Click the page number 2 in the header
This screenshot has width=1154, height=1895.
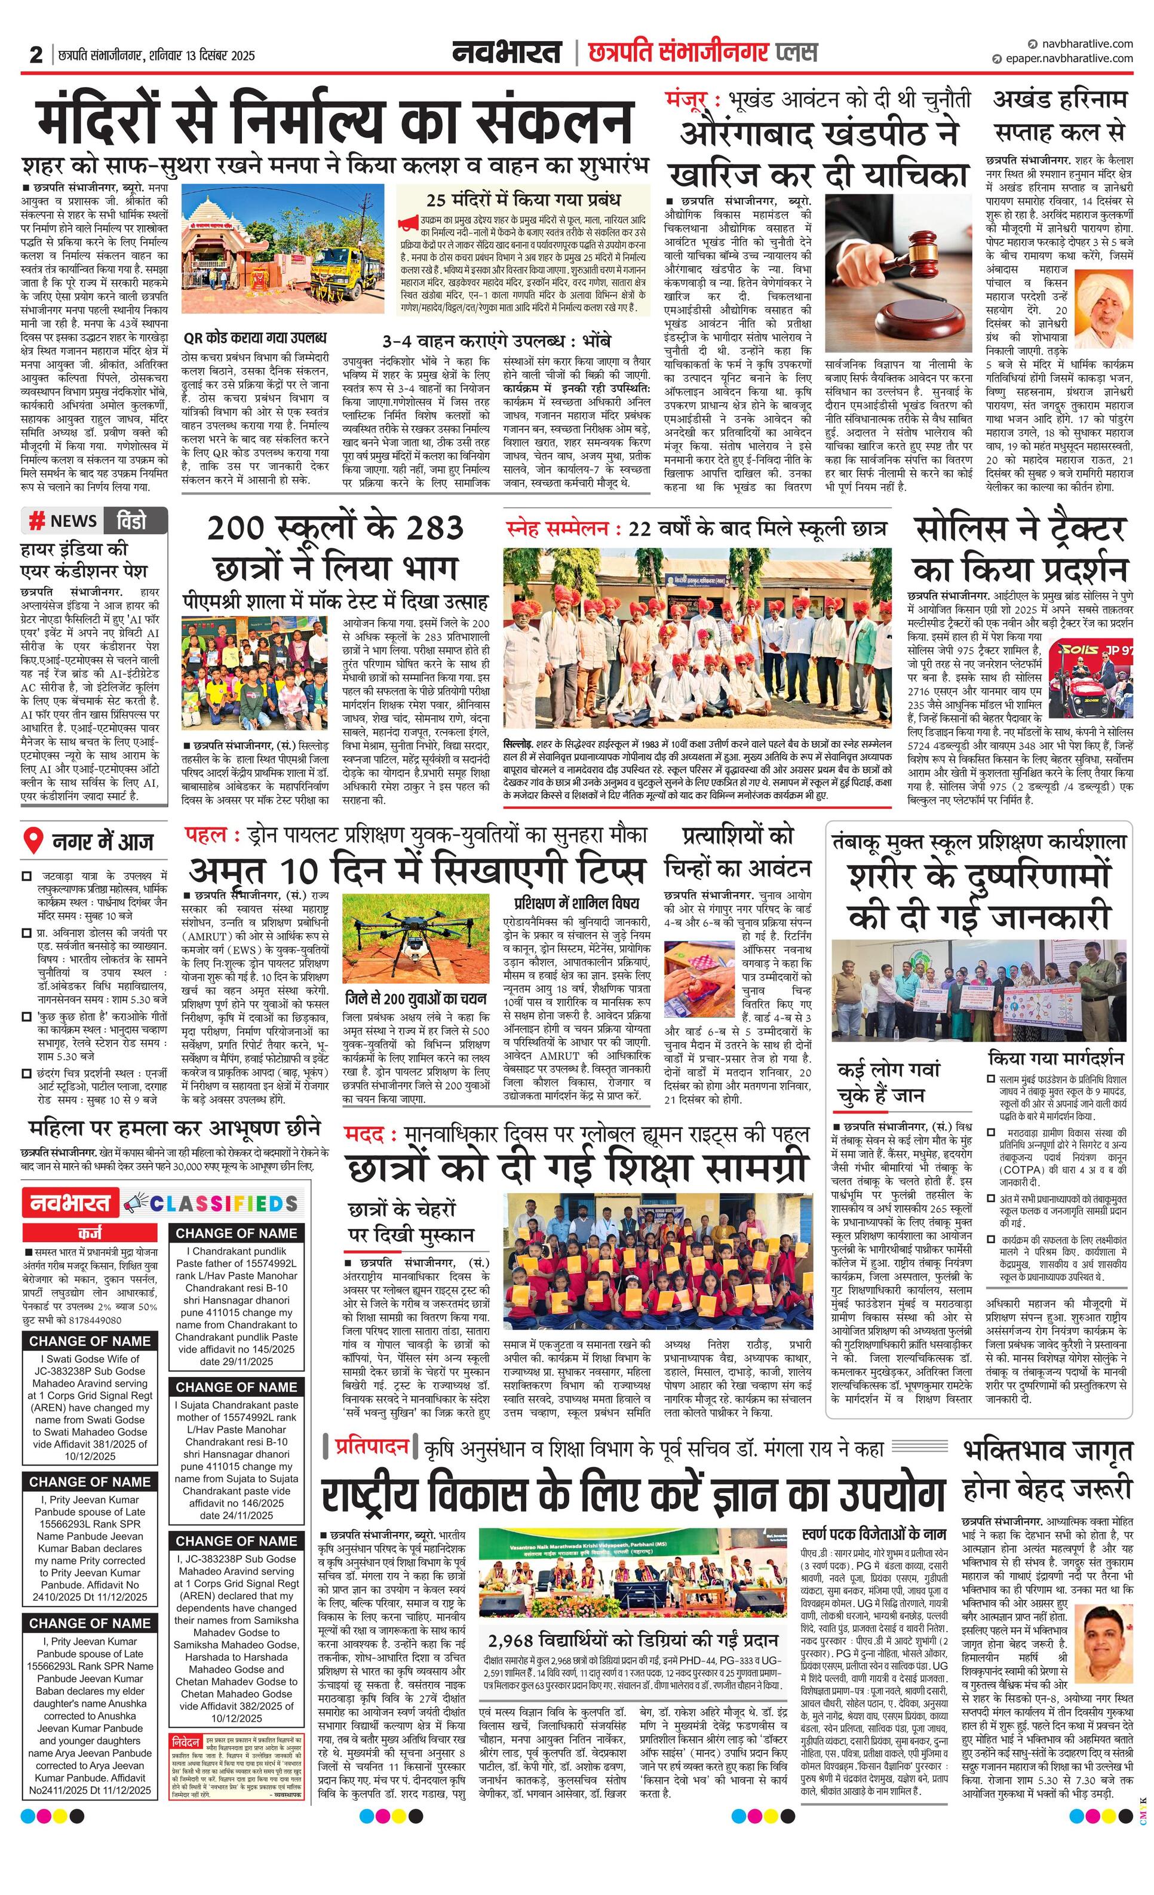35,56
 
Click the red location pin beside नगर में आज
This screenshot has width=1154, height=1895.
33,841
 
